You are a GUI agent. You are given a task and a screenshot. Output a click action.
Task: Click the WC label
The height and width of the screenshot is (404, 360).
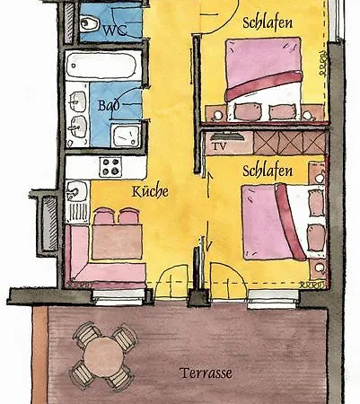pyautogui.click(x=116, y=30)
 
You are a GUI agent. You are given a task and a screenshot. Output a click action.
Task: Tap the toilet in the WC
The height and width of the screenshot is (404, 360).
pyautogui.click(x=89, y=23)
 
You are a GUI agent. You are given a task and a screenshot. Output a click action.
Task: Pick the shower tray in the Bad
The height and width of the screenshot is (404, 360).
pyautogui.click(x=126, y=136)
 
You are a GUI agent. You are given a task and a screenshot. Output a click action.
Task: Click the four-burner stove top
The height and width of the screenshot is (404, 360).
pyautogui.click(x=110, y=167)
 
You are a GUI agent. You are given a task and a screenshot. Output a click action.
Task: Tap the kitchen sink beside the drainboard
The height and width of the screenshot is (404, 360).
pyautogui.click(x=76, y=191)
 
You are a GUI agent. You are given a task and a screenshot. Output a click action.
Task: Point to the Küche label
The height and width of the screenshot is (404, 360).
pyautogui.click(x=151, y=191)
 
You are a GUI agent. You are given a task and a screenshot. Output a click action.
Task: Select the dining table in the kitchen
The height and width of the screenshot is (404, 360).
pyautogui.click(x=117, y=242)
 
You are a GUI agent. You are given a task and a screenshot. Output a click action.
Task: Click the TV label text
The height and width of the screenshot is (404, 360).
pyautogui.click(x=219, y=146)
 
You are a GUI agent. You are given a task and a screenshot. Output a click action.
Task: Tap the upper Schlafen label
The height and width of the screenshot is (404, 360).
pyautogui.click(x=268, y=22)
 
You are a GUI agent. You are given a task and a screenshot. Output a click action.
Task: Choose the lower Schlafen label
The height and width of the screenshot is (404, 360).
pyautogui.click(x=268, y=171)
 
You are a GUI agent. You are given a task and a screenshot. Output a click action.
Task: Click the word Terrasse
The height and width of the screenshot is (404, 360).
pyautogui.click(x=206, y=373)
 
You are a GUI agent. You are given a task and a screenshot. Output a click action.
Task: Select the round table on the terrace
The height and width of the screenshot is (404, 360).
pyautogui.click(x=103, y=356)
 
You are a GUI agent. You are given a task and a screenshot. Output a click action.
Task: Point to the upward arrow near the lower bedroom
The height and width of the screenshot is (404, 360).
pyautogui.click(x=209, y=185)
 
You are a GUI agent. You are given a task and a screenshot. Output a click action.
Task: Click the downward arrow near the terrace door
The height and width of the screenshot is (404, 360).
pyautogui.click(x=208, y=236)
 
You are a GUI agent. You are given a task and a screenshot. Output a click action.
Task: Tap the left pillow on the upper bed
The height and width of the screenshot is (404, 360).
pyautogui.click(x=247, y=111)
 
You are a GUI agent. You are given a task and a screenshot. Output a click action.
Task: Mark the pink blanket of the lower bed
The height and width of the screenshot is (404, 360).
pyautogui.click(x=267, y=222)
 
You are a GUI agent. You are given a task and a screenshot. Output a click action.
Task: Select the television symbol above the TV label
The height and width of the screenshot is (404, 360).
pyautogui.click(x=226, y=136)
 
